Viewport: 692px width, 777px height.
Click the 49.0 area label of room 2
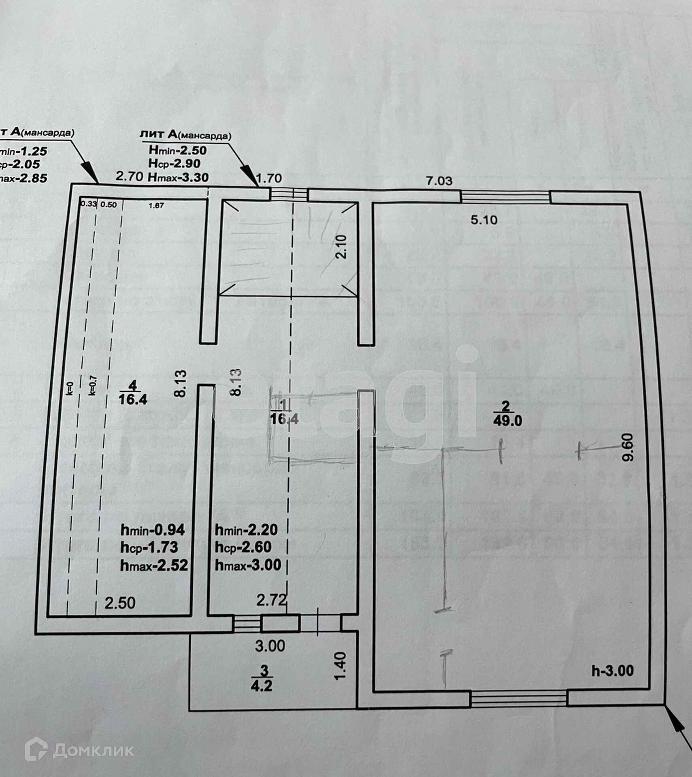507,421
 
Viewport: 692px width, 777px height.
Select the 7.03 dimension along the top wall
439,181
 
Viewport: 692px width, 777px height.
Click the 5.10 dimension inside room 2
484,220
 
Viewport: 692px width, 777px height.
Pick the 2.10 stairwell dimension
343,247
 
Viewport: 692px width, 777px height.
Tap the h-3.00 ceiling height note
613,671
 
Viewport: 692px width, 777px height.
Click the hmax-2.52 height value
154,565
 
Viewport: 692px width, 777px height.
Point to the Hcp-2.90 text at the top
175,164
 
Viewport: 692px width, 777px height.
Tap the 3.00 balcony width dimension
270,646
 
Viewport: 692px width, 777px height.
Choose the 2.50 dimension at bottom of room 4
120,603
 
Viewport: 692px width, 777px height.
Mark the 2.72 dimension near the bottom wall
272,600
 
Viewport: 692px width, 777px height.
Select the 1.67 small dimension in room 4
156,206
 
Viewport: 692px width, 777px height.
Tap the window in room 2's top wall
505,197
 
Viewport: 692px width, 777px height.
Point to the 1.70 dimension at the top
269,178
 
